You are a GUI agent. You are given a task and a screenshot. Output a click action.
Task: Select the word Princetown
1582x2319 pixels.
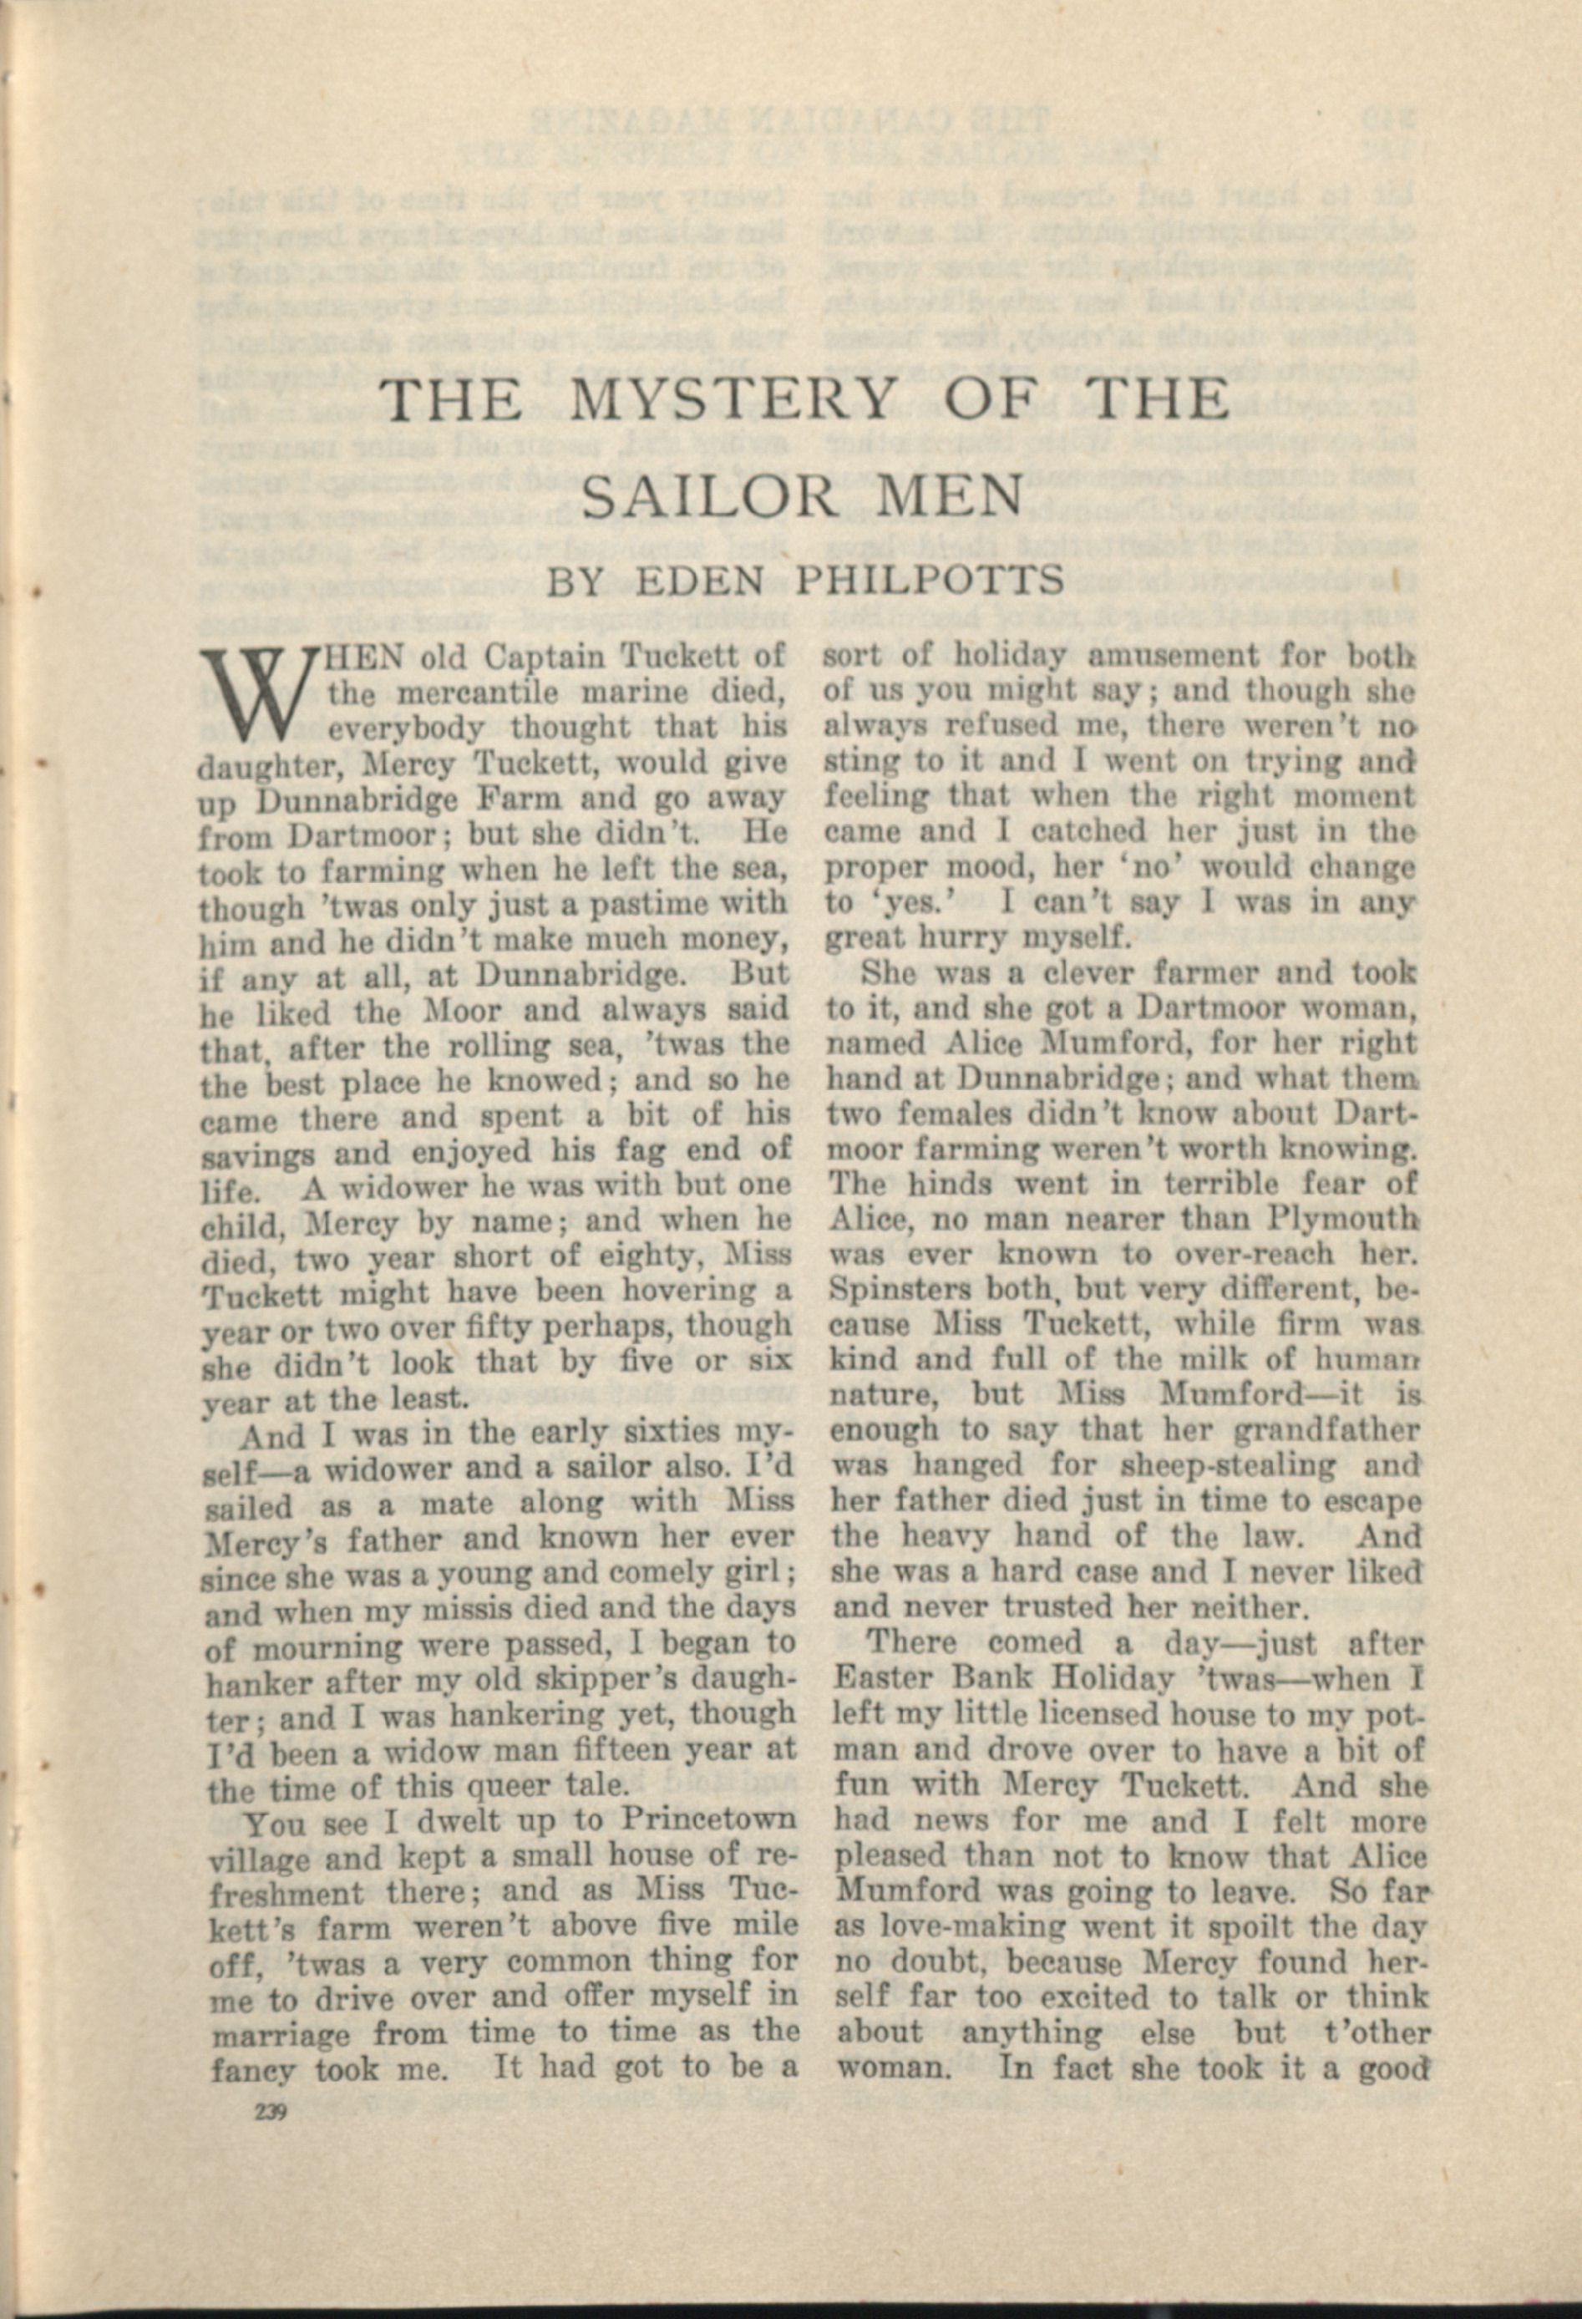[x=709, y=1819]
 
